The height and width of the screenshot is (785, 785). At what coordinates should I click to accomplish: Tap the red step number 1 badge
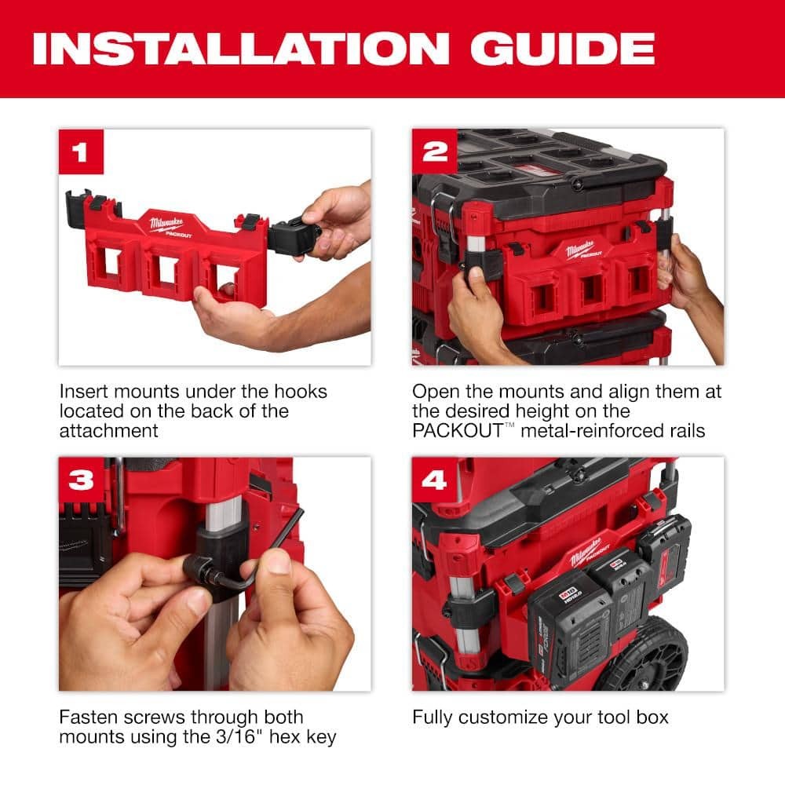pyautogui.click(x=81, y=152)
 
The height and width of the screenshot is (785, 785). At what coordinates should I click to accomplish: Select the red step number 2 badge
pyautogui.click(x=434, y=152)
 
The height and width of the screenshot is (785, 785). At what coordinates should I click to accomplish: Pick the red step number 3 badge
pyautogui.click(x=81, y=480)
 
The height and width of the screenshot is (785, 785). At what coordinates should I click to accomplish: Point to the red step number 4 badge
pyautogui.click(x=434, y=480)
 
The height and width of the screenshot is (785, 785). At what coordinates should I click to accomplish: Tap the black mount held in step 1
pyautogui.click(x=292, y=235)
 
